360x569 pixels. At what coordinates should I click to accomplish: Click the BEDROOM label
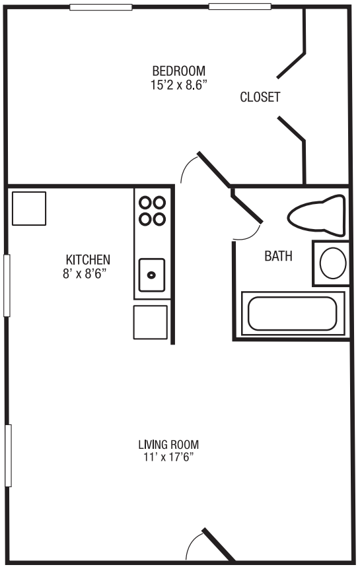tap(178, 71)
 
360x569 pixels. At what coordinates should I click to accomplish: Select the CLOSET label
tap(260, 97)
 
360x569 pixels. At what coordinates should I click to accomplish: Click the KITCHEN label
tap(88, 259)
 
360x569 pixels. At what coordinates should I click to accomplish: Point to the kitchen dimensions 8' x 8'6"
tap(88, 273)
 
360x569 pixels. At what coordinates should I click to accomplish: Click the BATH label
tap(278, 256)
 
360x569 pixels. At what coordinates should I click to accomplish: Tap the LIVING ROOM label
tap(168, 444)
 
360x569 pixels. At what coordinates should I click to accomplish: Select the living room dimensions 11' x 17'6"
tap(168, 457)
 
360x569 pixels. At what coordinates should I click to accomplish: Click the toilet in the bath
tap(316, 215)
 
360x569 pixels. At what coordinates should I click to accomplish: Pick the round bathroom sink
tap(332, 263)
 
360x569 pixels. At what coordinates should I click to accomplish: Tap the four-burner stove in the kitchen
tap(153, 211)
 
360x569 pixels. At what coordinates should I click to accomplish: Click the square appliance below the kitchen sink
tap(151, 321)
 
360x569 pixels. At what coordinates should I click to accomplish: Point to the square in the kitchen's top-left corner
tap(29, 208)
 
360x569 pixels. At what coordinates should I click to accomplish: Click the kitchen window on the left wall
tap(7, 285)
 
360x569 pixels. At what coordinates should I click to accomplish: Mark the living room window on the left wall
tap(9, 455)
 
